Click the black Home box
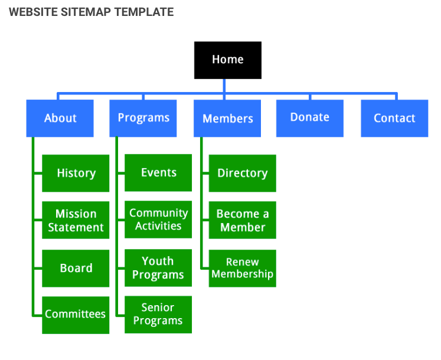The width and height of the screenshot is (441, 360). coord(227,60)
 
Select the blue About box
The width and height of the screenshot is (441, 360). coord(60,118)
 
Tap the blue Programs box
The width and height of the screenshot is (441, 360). coord(143,118)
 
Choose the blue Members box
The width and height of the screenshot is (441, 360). coord(227,119)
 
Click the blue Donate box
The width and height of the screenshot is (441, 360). coord(309,117)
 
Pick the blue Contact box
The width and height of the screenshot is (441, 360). coord(394,118)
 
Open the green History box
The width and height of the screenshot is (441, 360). coord(76,173)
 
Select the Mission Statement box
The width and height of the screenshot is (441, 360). coord(76,220)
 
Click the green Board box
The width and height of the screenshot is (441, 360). coord(76,268)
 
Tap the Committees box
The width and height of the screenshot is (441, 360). coord(76,315)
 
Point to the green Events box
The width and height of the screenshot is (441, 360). coord(158,172)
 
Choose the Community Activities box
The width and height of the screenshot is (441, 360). coord(158,220)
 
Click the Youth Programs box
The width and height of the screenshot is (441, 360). coord(158,268)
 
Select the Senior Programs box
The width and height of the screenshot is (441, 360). coord(158,315)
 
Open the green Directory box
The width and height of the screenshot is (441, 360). coord(242,173)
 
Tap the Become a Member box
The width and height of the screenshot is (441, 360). coord(242,220)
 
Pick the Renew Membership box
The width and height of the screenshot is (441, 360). coord(242,268)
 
